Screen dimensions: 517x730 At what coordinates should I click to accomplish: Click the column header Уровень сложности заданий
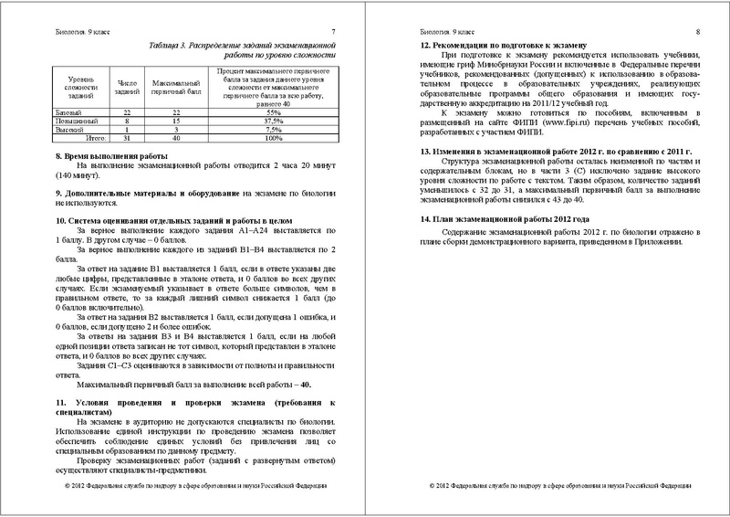[74, 87]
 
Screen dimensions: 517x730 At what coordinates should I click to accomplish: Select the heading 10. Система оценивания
[137, 221]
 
